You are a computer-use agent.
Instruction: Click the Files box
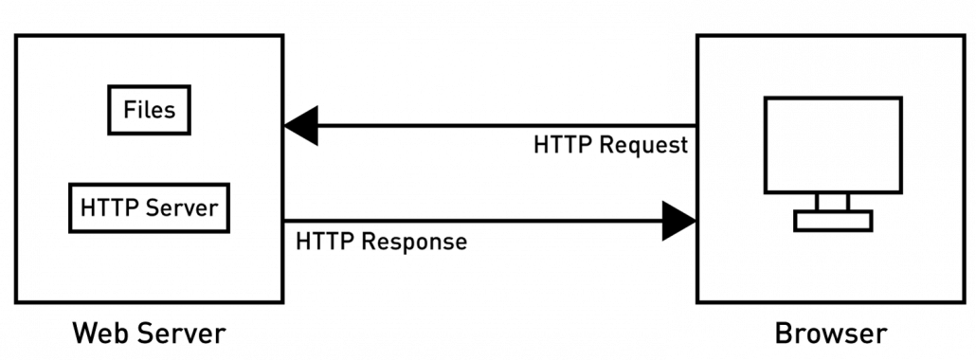tap(150, 109)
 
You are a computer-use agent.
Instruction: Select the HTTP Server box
tap(150, 207)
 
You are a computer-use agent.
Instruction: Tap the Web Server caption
tap(150, 333)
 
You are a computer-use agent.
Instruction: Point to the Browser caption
tap(831, 333)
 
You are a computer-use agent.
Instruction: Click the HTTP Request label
tap(610, 146)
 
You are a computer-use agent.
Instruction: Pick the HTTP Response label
tap(381, 242)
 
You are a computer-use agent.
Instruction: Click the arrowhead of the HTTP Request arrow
tap(301, 126)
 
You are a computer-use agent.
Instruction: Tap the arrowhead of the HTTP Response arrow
tap(679, 221)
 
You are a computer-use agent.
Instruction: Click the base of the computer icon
tap(833, 221)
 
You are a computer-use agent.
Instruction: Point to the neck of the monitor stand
tap(833, 201)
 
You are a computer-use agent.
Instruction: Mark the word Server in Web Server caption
tap(180, 333)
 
